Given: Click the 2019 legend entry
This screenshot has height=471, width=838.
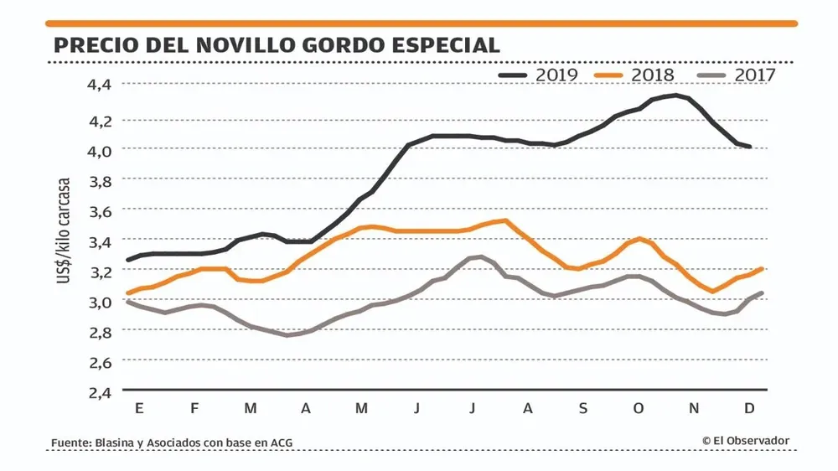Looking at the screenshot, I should point(538,75).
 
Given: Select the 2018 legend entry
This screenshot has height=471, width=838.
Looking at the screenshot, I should point(635,75).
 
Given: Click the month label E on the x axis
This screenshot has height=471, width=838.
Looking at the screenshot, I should point(139,408).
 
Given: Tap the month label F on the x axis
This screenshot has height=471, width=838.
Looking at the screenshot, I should point(194,408).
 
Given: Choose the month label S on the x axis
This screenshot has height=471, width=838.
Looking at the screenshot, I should point(582,408).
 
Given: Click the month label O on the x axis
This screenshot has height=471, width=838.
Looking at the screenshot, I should point(639,408).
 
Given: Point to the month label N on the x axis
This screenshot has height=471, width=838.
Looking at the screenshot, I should point(694,408).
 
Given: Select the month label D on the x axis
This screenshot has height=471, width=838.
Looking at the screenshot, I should point(750,408).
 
